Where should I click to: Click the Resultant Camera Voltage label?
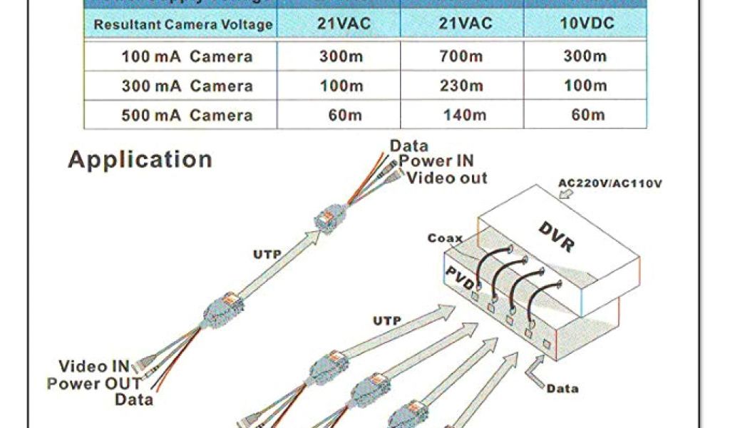click(183, 24)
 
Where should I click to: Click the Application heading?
click(140, 159)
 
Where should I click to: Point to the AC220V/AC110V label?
click(610, 183)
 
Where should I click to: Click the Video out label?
click(448, 178)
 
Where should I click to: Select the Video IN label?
click(94, 367)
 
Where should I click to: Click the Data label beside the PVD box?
click(562, 389)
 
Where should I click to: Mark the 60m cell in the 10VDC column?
click(587, 115)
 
